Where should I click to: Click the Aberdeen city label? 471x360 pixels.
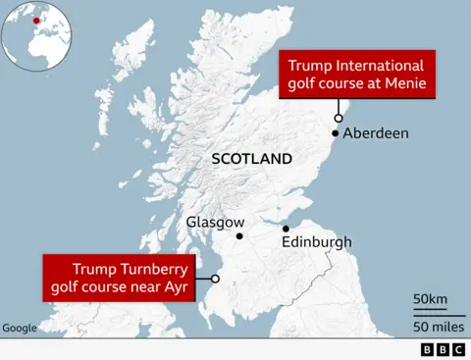coord(377,133)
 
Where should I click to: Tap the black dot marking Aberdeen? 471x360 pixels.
coord(336,132)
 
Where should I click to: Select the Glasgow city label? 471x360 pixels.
coord(215,223)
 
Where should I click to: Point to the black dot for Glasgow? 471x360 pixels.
coord(240,236)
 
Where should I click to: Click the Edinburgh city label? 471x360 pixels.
coord(316,241)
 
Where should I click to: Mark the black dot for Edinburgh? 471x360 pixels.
coord(286,229)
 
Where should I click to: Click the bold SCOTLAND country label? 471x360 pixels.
coord(252,159)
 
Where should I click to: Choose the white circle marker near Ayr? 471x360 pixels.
coord(215,279)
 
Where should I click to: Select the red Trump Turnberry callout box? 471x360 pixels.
coord(119,278)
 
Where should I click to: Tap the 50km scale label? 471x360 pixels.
coord(430,298)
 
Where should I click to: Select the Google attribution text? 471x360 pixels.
coord(19,328)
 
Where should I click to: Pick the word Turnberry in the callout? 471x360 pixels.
coord(149,269)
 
